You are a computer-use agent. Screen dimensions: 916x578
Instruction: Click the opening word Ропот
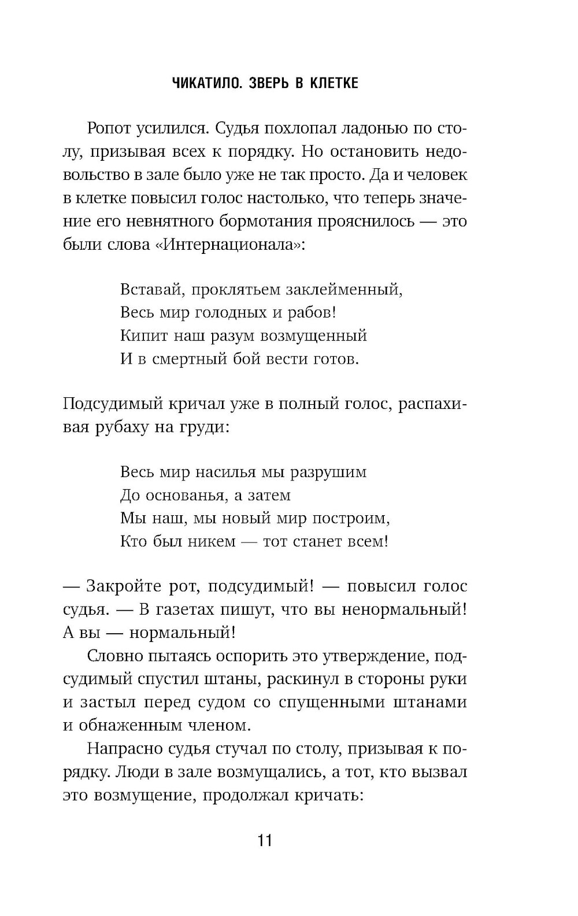(x=109, y=128)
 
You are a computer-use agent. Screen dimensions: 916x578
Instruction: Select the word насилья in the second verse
(x=219, y=472)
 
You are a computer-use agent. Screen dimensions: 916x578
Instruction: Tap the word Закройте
(x=123, y=586)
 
